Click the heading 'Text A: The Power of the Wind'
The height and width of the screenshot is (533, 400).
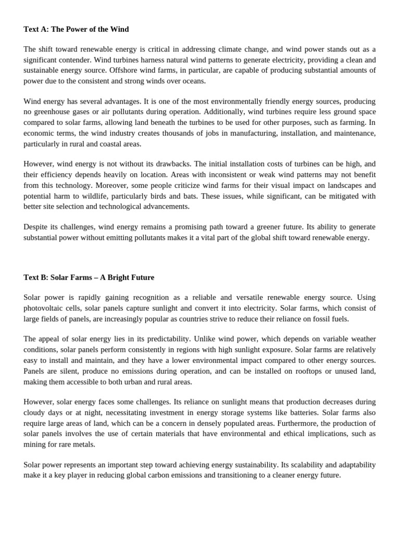click(76, 29)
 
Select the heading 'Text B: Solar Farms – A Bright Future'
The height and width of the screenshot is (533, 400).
click(89, 277)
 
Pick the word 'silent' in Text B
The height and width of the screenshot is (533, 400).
click(71, 371)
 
